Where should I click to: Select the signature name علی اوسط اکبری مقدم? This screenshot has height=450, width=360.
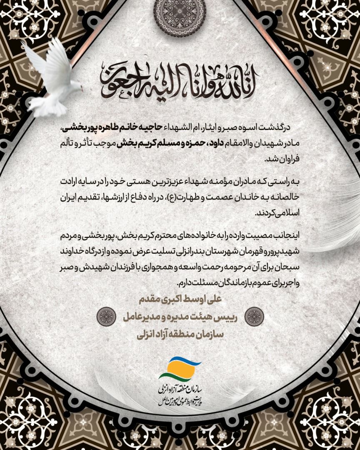coord(180,299)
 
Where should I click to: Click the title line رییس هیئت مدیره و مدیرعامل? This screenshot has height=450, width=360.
coord(180,317)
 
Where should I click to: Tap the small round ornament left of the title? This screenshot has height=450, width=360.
coord(106,317)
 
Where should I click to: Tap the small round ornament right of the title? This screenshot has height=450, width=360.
coord(254,317)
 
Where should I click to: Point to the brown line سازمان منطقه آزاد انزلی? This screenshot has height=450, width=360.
coord(180,335)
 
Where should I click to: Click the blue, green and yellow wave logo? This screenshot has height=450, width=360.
coord(180,368)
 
